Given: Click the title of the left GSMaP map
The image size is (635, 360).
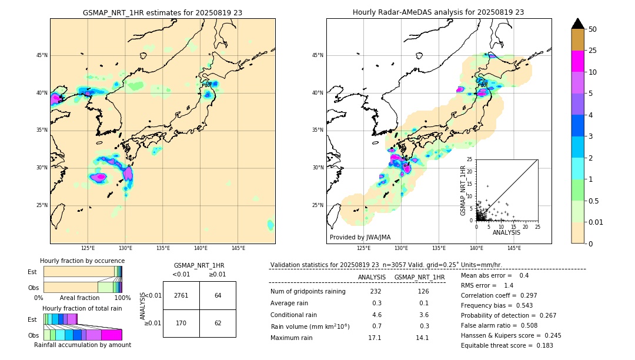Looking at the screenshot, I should pos(162,12).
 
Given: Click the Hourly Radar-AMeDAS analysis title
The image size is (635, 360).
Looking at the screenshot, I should pos(438,12).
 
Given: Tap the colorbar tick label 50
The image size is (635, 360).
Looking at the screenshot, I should pos(593,29).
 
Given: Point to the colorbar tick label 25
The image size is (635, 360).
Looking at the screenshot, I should pos(593,51).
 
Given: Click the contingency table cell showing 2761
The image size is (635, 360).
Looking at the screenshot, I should pos(181,295).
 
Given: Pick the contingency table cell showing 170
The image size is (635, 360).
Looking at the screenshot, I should pos(181,323).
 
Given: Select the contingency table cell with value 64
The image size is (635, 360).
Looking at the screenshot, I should pos(218,295).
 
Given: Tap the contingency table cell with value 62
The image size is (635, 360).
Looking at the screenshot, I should pos(218,323).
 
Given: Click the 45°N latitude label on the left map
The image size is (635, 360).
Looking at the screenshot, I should pos(42,55).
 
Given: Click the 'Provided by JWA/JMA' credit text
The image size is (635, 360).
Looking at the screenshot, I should pos(360,237).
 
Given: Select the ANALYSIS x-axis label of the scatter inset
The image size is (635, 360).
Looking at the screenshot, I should pos(506,232).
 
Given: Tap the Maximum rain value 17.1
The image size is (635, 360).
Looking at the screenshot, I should pos(375,338).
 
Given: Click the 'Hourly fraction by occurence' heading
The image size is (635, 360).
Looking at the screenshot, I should pos(82,261).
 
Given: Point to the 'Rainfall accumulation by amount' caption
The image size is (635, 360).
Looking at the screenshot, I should pos(82,345).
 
